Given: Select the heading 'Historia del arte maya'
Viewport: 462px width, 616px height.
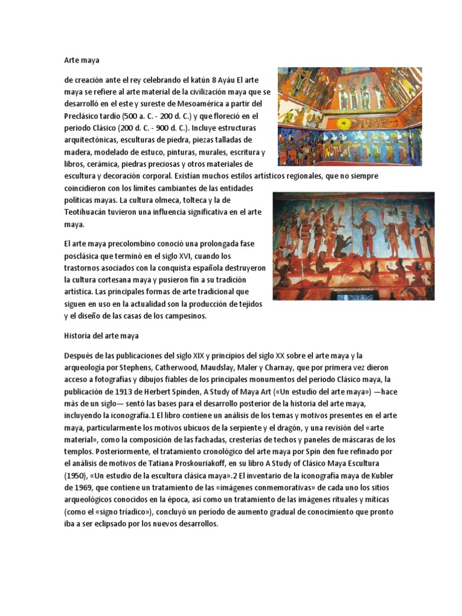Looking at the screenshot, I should (x=102, y=336).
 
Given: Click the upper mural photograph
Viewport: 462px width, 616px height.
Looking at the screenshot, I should (x=350, y=117).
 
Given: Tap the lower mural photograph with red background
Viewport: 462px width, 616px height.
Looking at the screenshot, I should (x=354, y=246).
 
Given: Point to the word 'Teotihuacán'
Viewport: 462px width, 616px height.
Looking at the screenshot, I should (x=88, y=212).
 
